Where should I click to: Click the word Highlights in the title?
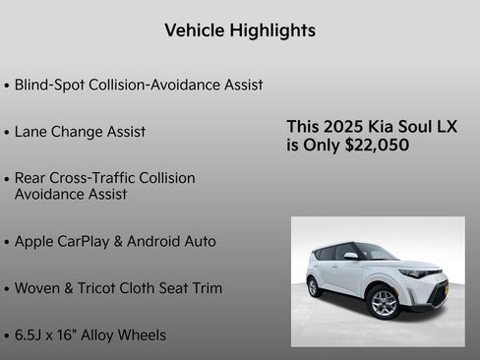[269, 30]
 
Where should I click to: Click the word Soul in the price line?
[423, 127]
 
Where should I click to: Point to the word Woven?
[38, 288]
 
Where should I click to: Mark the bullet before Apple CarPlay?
[7, 242]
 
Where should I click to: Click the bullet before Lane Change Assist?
[7, 133]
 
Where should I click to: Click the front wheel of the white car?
[384, 303]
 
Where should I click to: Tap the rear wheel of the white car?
[314, 286]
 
